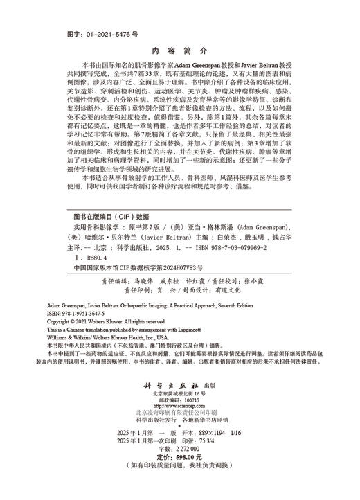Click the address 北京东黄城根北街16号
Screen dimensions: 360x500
coord(179,393)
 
